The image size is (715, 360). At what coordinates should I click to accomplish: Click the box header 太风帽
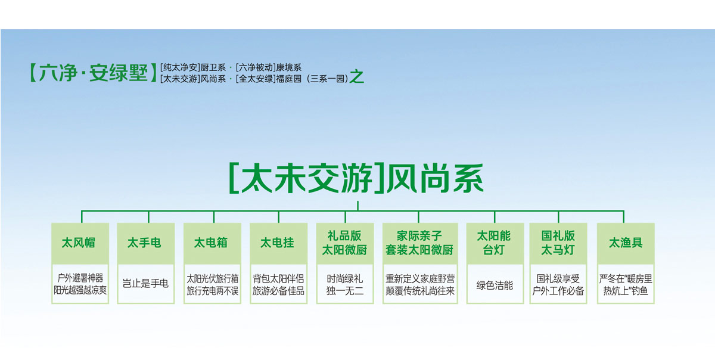point(79,243)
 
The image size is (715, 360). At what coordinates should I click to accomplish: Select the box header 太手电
point(144,243)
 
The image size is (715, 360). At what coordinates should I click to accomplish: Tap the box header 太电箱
point(211,243)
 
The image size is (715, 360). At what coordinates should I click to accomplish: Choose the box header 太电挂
point(277,243)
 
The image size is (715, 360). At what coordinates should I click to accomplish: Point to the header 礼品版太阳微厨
point(344,243)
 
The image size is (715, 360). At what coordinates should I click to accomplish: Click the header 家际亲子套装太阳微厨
point(419,243)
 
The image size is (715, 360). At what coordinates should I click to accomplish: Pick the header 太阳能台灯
point(493,243)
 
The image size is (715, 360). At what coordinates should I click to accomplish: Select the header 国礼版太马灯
point(558,243)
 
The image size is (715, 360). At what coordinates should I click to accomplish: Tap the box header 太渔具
point(626,243)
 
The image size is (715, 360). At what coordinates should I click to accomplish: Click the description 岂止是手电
point(145,284)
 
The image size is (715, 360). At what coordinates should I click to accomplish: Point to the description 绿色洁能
point(495,285)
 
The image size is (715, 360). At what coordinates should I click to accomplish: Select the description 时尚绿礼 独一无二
point(345,285)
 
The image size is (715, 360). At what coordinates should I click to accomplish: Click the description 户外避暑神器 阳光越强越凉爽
point(80,284)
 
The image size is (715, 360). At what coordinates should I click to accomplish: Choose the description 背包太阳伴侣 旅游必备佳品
point(278,285)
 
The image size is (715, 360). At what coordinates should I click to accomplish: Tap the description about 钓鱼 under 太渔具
point(626,285)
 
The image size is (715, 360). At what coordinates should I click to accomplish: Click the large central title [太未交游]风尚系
point(356,178)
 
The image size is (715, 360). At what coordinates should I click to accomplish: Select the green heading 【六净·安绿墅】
point(93,73)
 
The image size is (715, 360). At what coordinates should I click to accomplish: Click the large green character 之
point(357,77)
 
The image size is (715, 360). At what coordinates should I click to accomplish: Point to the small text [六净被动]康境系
point(269,67)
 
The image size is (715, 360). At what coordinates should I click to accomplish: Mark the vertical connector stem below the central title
point(358,206)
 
